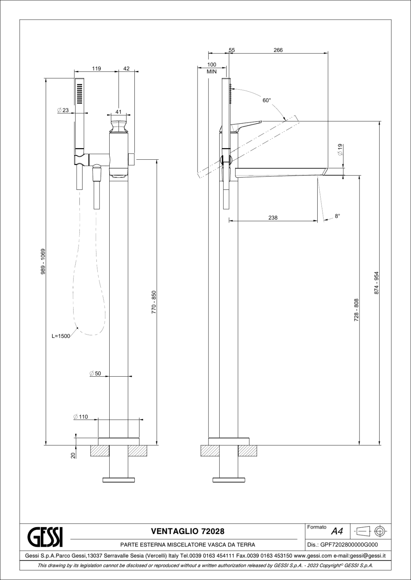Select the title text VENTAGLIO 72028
click(x=187, y=531)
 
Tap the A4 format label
click(x=337, y=531)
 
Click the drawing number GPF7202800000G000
click(x=349, y=545)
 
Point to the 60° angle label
click(x=267, y=100)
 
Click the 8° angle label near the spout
click(x=337, y=216)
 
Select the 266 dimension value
click(x=278, y=50)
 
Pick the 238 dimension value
click(x=273, y=218)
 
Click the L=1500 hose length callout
click(x=61, y=336)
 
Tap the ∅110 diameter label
click(x=81, y=416)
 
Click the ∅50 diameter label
click(x=95, y=374)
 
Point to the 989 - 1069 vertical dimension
click(x=43, y=261)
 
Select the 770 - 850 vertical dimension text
click(x=154, y=302)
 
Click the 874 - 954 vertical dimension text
click(x=377, y=283)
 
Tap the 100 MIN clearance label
click(x=212, y=68)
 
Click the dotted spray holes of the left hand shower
click(x=79, y=94)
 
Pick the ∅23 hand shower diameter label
click(x=63, y=110)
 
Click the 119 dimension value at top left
click(x=96, y=68)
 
